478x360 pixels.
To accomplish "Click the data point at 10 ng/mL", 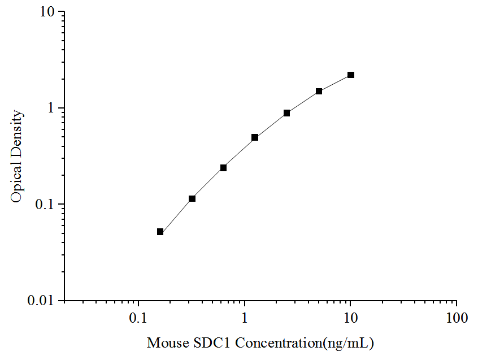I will [351, 75].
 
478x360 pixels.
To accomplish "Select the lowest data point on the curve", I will [160, 232].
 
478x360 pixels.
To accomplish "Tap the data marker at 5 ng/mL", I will [319, 91].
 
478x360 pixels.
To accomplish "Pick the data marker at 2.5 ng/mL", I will [287, 113].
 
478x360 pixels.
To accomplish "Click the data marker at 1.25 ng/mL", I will [255, 137].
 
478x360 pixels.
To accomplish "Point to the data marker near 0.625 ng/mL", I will [223, 168].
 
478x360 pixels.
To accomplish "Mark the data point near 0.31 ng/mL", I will [192, 198].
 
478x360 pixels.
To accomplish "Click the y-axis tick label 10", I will [49, 12].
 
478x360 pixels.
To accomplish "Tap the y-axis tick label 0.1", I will [47, 204].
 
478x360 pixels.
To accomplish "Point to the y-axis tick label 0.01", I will [44, 301].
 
